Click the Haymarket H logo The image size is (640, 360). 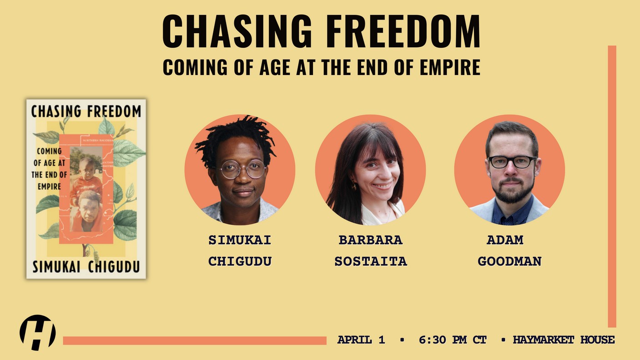pos(37,332)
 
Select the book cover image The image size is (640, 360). pos(86,189)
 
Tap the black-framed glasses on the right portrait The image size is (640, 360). pos(512,162)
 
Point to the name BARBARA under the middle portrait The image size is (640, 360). pos(371,240)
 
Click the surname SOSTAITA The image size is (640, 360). pos(371,261)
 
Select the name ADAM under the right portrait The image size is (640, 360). pos(505,240)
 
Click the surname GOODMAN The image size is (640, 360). pos(509,261)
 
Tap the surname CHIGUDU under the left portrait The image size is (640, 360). pos(240,261)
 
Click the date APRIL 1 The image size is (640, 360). pos(361,340)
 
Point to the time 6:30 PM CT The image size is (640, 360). pos(453,340)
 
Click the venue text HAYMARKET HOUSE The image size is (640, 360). pos(564,340)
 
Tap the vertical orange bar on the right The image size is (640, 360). pos(612,186)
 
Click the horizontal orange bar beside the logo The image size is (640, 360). pos(195,340)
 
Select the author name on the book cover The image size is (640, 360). pos(86,266)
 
